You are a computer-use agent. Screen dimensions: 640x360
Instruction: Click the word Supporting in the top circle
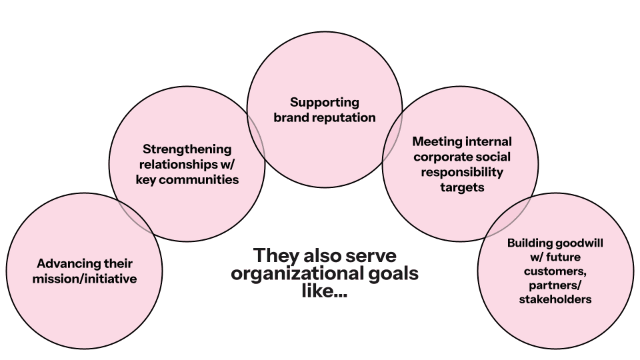click(325, 103)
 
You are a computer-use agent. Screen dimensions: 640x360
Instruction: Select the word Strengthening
click(187, 149)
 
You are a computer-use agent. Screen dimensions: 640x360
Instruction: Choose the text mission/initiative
click(85, 279)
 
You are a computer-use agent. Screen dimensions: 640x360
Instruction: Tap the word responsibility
click(462, 172)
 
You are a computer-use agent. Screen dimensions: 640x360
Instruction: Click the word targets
click(462, 187)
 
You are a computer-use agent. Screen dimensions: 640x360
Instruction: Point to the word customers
click(555, 272)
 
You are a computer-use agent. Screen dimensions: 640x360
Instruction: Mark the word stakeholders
click(555, 300)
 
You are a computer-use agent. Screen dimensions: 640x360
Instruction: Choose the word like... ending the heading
click(325, 291)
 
